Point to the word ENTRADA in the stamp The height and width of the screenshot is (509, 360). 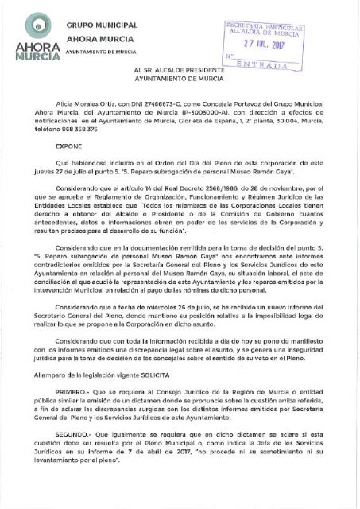(271, 68)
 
